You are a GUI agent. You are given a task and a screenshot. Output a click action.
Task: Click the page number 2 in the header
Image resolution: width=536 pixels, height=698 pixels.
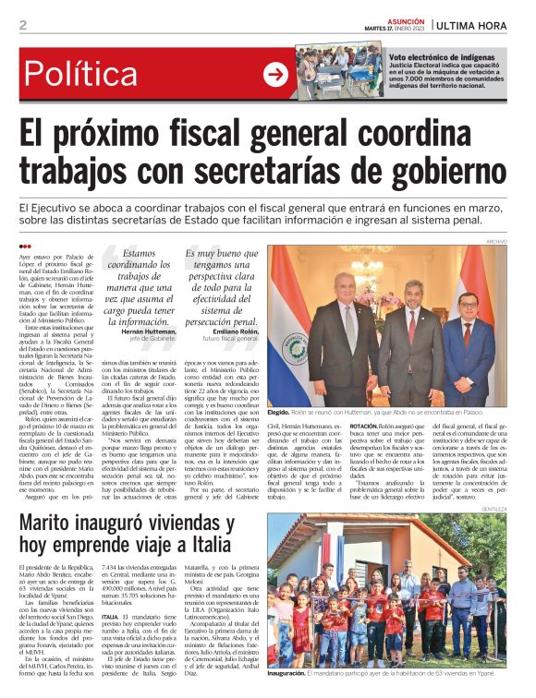[x=22, y=25]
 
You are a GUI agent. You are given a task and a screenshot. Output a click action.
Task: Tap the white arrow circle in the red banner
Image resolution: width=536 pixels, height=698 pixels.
[x=275, y=74]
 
